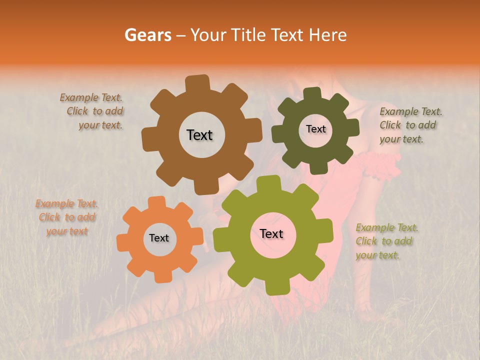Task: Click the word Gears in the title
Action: (147, 35)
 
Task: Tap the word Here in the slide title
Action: (328, 35)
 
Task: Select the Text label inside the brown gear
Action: (199, 135)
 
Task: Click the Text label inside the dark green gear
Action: (315, 129)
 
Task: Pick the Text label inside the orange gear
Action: (159, 238)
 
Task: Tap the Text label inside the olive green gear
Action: (271, 233)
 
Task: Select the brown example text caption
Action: (93, 111)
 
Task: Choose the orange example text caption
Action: (66, 217)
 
